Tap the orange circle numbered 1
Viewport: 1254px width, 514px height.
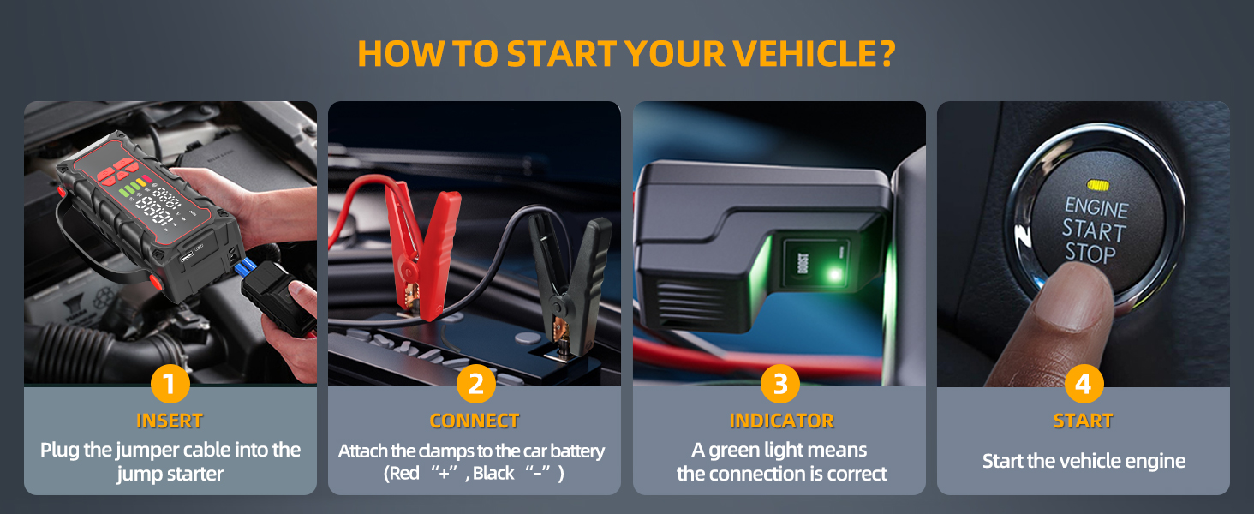coord(170,385)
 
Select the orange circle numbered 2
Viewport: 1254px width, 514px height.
coord(475,385)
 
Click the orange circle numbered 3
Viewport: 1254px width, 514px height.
coord(779,385)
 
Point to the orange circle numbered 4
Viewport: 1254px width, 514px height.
coord(1084,385)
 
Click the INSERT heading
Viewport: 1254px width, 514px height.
coord(170,421)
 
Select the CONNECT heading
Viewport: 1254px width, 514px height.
coord(475,421)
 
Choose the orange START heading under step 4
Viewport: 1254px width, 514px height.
coord(1084,421)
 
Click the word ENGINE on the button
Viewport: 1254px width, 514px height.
coord(1096,208)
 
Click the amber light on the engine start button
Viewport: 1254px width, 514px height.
coord(1096,184)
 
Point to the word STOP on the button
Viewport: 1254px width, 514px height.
coord(1090,254)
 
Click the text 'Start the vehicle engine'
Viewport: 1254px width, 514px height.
coord(1084,462)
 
